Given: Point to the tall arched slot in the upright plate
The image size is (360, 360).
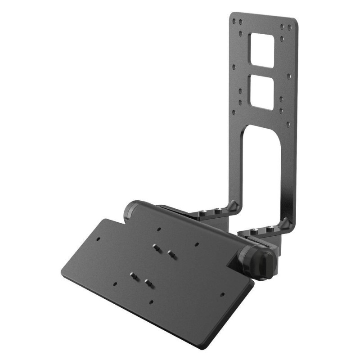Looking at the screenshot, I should [262, 162].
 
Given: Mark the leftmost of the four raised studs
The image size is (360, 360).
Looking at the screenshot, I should [134, 274].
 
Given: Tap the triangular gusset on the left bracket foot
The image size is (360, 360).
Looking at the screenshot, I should [232, 206].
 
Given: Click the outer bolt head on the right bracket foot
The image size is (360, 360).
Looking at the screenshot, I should [270, 229].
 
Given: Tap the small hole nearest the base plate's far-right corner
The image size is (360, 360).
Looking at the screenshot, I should [222, 296].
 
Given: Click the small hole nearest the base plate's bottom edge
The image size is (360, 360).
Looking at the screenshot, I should [152, 302].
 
